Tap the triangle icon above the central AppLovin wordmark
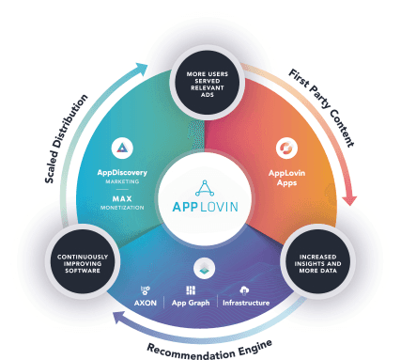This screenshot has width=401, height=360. [200, 185]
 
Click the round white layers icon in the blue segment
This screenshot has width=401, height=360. [200, 267]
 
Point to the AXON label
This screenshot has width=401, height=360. [145, 303]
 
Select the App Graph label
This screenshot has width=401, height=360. [192, 303]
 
